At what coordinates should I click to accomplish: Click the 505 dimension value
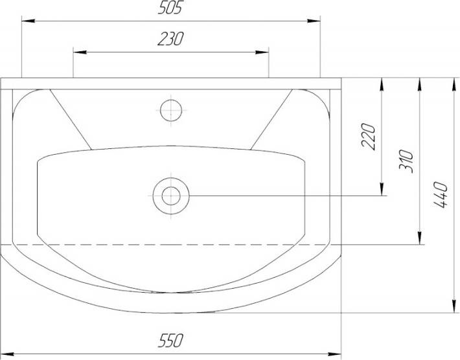point(170,8)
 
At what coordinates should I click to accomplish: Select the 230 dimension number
point(170,39)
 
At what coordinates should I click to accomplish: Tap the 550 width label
point(170,340)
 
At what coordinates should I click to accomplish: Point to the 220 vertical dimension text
point(368,137)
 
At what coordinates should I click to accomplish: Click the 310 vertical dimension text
point(406,161)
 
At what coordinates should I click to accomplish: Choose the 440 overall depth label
point(441,195)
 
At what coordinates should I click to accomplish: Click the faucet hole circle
point(171,111)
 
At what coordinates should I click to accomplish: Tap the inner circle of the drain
point(171,196)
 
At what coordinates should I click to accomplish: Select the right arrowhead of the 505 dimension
point(314,21)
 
